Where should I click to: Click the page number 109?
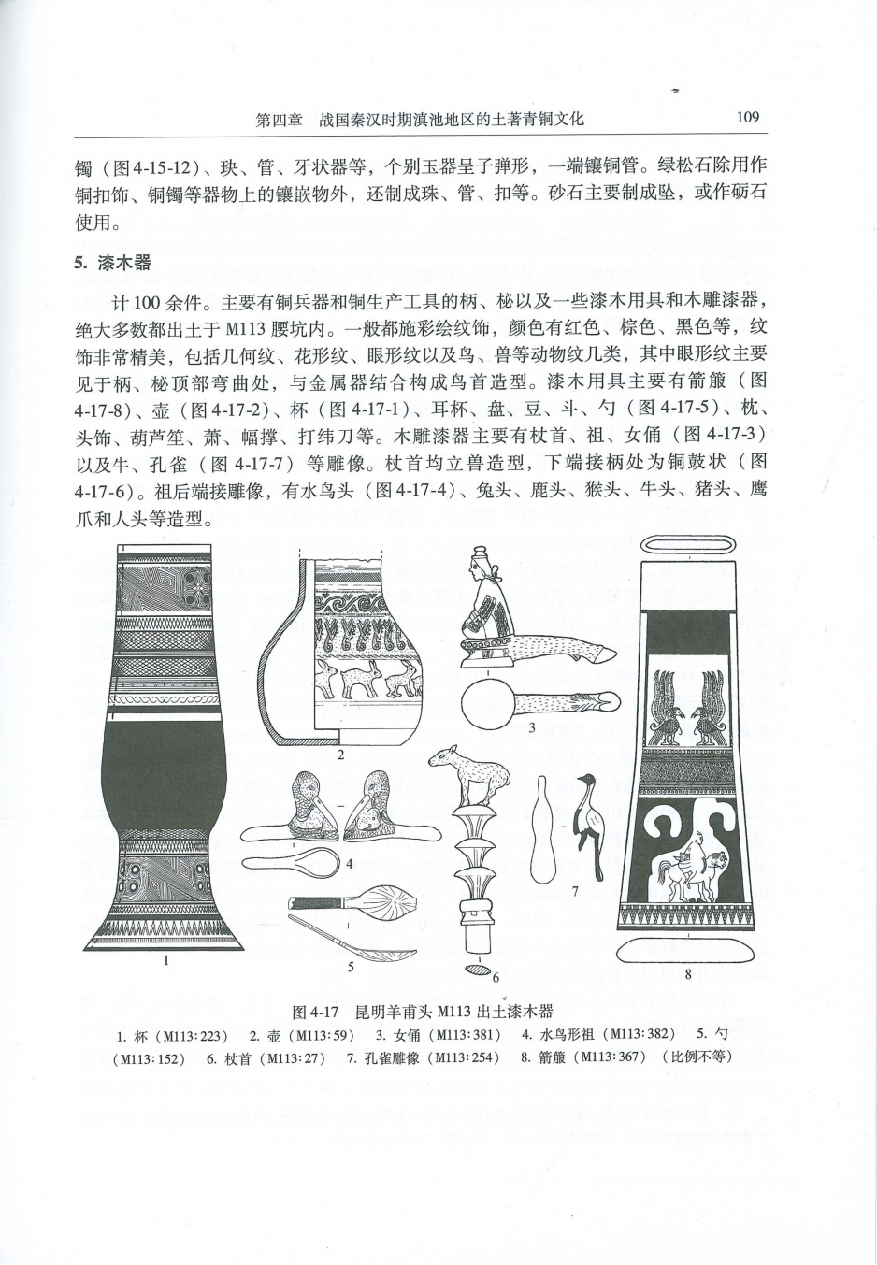pyautogui.click(x=747, y=118)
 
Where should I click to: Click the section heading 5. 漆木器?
pyautogui.click(x=112, y=264)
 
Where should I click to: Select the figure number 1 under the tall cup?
pyautogui.click(x=165, y=959)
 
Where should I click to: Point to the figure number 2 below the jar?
pyautogui.click(x=341, y=755)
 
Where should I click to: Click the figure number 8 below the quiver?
pyautogui.click(x=687, y=974)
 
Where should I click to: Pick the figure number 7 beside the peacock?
pyautogui.click(x=576, y=891)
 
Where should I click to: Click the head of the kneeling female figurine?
pyautogui.click(x=480, y=564)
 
